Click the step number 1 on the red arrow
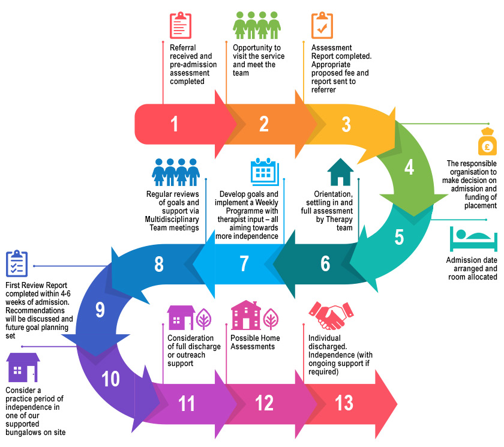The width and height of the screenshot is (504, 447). pyautogui.click(x=174, y=124)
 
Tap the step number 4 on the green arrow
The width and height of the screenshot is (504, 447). pyautogui.click(x=409, y=168)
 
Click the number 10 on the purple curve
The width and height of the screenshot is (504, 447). pyautogui.click(x=110, y=379)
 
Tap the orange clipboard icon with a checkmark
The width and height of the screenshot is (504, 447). pyautogui.click(x=322, y=25)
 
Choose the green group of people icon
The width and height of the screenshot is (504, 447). pyautogui.click(x=256, y=25)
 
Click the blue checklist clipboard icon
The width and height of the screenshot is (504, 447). pyautogui.click(x=17, y=264)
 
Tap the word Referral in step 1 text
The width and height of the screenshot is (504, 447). pyautogui.click(x=182, y=48)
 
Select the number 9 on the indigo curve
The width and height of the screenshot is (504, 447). pyautogui.click(x=100, y=310)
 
